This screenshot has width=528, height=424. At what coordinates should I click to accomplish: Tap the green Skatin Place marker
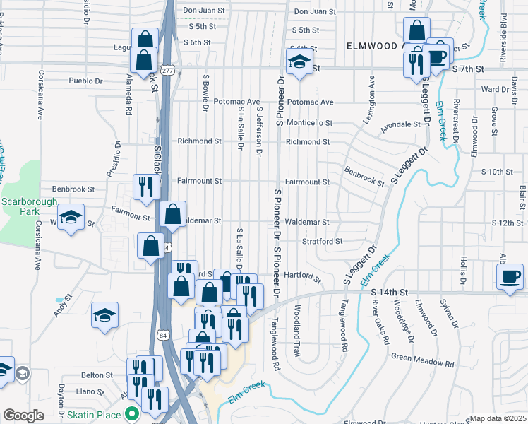click(131, 415)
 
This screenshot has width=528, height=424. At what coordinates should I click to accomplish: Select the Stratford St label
click(322, 241)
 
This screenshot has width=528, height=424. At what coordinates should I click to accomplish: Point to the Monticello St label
click(308, 122)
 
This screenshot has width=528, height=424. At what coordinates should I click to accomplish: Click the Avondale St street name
click(400, 124)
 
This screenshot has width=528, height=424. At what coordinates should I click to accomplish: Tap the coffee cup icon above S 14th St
click(510, 276)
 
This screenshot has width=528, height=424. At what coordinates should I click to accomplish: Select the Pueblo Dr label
click(85, 81)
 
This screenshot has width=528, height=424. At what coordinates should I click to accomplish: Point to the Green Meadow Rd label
click(422, 361)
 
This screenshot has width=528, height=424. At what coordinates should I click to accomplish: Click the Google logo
click(23, 416)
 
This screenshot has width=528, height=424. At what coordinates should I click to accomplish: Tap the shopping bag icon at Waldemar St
click(172, 214)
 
